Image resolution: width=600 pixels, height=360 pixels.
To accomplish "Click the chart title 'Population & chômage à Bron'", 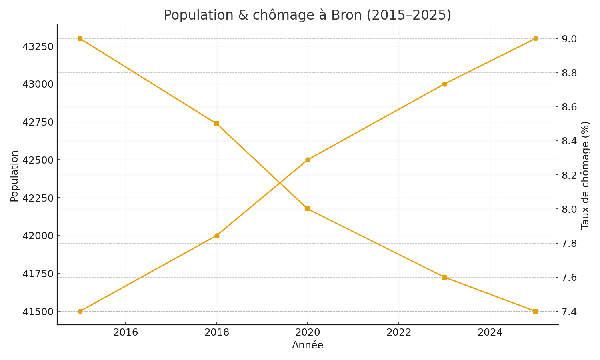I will pos(307,15).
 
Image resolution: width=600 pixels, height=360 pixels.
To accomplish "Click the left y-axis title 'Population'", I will pos(14,176).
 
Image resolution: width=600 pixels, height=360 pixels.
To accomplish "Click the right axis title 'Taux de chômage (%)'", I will pos(585,175).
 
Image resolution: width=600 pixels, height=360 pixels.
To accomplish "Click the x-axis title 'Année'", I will pos(307,345).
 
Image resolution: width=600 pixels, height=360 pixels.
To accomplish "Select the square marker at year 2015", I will pos(80,38).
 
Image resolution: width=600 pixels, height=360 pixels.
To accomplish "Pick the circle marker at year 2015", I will pos(80,311).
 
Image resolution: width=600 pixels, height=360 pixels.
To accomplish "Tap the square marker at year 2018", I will pos(217,124).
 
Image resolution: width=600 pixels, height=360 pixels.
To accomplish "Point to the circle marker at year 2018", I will pos(217,236).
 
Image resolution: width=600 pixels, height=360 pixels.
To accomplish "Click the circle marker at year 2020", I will pos(308,160).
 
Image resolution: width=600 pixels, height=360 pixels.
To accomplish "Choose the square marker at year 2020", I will pos(308,209).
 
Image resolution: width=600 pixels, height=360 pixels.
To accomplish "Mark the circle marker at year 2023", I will pos(444,84).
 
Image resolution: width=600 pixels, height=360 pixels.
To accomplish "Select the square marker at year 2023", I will pos(444,277).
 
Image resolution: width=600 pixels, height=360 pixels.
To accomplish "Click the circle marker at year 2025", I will pos(536,38).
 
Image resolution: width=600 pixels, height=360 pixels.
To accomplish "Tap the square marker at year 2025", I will pos(536,311).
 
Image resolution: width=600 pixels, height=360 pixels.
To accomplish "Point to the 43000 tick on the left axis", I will pos(38,84).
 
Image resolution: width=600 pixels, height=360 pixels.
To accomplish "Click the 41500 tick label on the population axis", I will pos(38,312).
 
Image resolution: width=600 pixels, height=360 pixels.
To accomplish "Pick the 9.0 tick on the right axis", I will pos(569,39).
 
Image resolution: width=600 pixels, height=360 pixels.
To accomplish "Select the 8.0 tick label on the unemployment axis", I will pos(569,209).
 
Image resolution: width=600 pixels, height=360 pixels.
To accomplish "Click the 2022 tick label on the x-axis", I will pos(399,332).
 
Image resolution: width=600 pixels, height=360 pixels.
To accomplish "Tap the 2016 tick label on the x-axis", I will pos(126,332).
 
